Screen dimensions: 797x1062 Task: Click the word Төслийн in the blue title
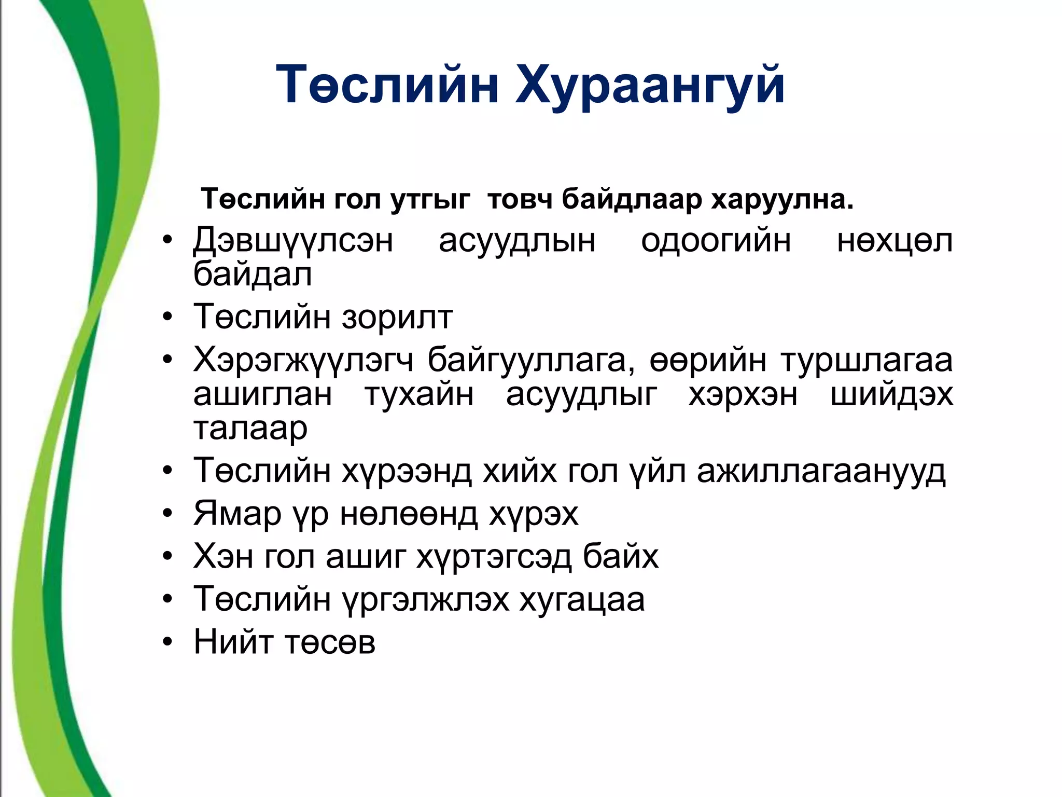(x=387, y=85)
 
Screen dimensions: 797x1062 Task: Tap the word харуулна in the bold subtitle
(x=781, y=199)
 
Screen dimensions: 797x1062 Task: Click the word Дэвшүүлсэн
(x=293, y=241)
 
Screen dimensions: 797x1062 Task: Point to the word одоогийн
(x=716, y=241)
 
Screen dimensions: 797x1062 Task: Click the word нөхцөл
(x=895, y=241)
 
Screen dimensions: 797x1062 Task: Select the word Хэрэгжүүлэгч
(x=303, y=360)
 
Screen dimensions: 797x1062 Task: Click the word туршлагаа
(x=867, y=360)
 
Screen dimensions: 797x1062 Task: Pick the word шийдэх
(x=891, y=394)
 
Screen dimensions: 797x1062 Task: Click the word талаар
(x=250, y=429)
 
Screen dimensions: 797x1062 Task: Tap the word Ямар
(x=237, y=514)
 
